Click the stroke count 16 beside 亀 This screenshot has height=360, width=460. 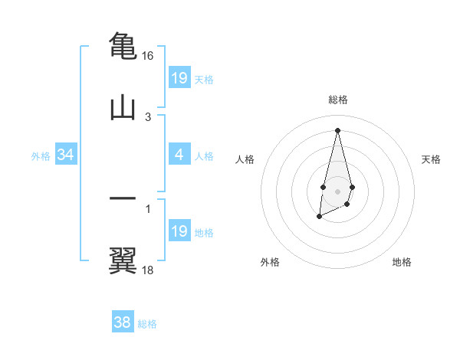pos(148,56)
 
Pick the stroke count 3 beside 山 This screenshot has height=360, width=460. pos(148,117)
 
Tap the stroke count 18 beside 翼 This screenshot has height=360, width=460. pos(148,270)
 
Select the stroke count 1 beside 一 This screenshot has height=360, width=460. pos(148,208)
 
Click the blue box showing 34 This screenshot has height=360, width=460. pos(66,155)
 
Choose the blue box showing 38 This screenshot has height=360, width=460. pos(123,322)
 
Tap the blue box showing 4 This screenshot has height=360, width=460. pos(179,155)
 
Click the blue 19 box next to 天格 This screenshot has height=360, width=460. pos(179,78)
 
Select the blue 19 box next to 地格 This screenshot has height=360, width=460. pos(179,231)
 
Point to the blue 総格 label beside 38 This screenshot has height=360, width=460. pos(147,324)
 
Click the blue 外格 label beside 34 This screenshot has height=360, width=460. pos(41,156)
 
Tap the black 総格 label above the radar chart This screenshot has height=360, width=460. pos(337,100)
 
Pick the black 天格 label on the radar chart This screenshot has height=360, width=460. pos(432,159)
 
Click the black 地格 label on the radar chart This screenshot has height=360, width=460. pos(402,262)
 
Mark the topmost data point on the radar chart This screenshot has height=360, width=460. pos(337,130)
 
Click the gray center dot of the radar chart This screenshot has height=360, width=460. pos(337,190)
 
